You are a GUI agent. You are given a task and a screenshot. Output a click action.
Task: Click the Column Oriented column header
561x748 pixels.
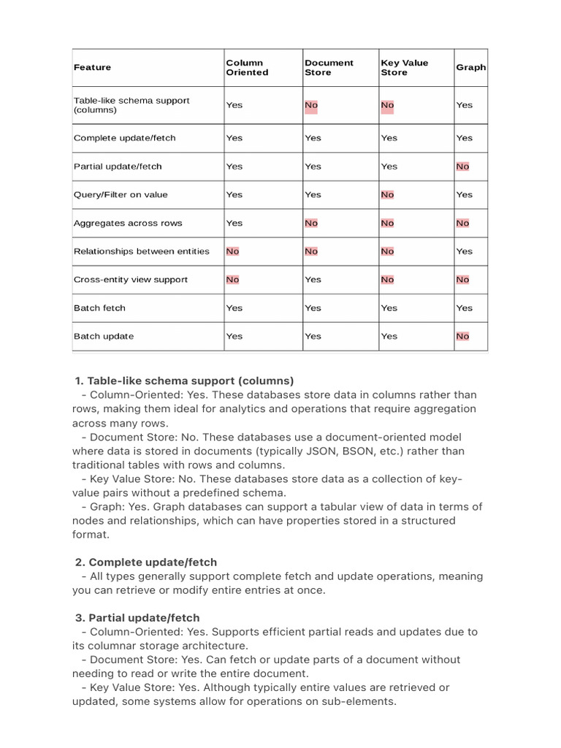click(247, 67)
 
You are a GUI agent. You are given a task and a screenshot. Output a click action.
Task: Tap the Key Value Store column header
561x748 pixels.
click(404, 67)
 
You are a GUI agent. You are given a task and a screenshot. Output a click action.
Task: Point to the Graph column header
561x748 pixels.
click(470, 67)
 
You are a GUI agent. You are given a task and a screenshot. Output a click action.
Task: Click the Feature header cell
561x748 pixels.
click(93, 67)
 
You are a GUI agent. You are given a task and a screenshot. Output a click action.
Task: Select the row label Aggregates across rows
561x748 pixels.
click(128, 223)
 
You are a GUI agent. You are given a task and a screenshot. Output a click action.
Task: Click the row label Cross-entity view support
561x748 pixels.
click(131, 280)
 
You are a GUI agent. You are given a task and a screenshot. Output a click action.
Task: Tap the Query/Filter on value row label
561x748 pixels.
click(121, 195)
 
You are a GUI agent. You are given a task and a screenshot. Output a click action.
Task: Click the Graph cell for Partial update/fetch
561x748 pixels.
click(462, 167)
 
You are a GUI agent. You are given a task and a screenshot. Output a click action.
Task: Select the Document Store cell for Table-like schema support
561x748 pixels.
click(311, 105)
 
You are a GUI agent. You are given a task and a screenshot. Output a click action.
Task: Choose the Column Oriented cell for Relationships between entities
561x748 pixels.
click(232, 251)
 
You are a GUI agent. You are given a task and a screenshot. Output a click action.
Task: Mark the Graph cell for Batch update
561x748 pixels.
click(462, 337)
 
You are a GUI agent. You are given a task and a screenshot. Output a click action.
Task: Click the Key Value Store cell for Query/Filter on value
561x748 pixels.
click(387, 195)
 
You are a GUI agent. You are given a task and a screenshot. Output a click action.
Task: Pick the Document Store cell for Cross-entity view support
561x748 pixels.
click(313, 280)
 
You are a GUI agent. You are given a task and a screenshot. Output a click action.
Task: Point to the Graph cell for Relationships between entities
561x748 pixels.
click(464, 251)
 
